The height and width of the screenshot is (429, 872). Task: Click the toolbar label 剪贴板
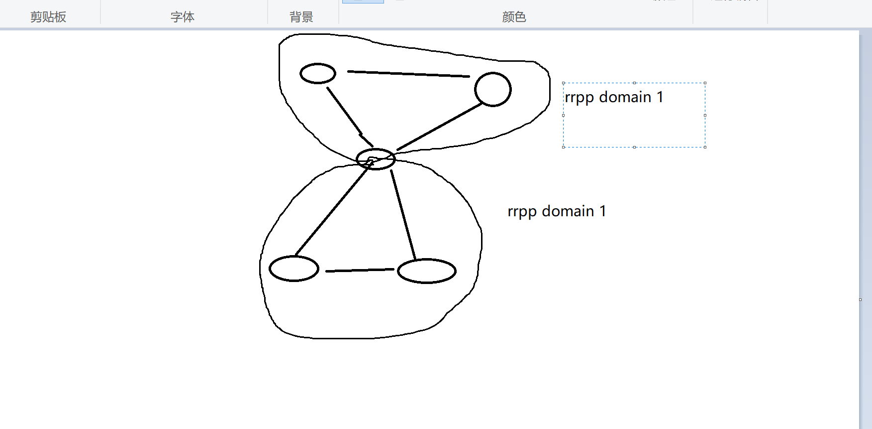click(x=48, y=17)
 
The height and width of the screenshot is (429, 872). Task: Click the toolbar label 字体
click(x=183, y=17)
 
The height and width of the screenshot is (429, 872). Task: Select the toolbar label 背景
click(x=301, y=17)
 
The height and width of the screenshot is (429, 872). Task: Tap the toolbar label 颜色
click(x=514, y=17)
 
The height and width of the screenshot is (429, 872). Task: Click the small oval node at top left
click(x=318, y=74)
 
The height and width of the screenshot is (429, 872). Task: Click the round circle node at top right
click(x=492, y=90)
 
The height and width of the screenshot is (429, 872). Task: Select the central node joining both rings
click(x=376, y=159)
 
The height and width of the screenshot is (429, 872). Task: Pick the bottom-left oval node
click(x=294, y=269)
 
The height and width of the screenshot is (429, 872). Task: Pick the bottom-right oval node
click(x=427, y=271)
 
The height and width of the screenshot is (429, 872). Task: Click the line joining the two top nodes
click(x=408, y=74)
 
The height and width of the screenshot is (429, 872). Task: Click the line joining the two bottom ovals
click(x=360, y=270)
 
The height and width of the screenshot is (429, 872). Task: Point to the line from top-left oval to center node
click(x=344, y=111)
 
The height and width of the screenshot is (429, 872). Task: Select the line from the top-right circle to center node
click(x=439, y=127)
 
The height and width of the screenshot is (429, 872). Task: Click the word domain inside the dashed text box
click(x=625, y=97)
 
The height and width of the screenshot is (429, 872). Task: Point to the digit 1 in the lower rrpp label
click(x=603, y=211)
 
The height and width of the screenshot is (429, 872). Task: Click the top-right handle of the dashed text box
click(x=705, y=83)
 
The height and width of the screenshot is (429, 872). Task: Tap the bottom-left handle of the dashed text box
click(x=563, y=147)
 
